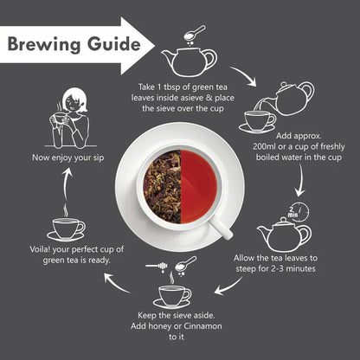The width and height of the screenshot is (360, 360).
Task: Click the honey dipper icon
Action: [x=174, y=264]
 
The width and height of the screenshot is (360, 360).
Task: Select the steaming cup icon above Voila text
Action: [x=66, y=228]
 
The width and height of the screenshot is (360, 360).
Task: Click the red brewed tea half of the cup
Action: [x=200, y=185]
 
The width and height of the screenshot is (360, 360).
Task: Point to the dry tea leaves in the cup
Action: [x=161, y=185]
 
